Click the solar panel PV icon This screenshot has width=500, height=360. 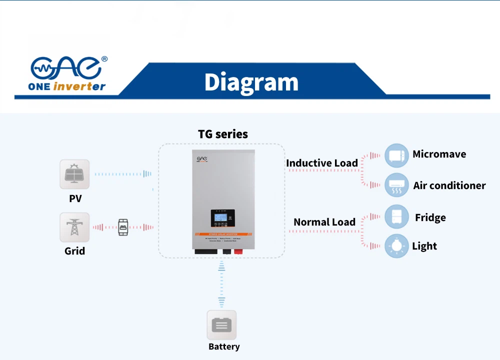pos(74,174)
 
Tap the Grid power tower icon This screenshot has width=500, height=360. pos(74,227)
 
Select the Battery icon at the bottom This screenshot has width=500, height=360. pos(221,325)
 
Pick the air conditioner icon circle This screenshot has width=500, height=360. pos(396,185)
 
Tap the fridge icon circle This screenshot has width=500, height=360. pos(396,217)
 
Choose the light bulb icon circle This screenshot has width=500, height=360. pos(396,245)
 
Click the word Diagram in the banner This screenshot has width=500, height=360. pos(251,82)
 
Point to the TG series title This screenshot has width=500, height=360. pos(222,134)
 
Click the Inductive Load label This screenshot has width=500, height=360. pos(321,163)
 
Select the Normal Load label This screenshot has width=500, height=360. pos(324,222)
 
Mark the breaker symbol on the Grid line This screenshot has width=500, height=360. pos(122,227)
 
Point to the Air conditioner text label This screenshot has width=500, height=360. pos(449,185)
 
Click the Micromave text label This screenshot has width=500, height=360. pos(439,154)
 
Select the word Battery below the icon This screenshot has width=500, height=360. pos(223,346)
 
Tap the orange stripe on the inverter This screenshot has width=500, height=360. pos(223,234)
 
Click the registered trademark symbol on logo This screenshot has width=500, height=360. pos(104,59)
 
